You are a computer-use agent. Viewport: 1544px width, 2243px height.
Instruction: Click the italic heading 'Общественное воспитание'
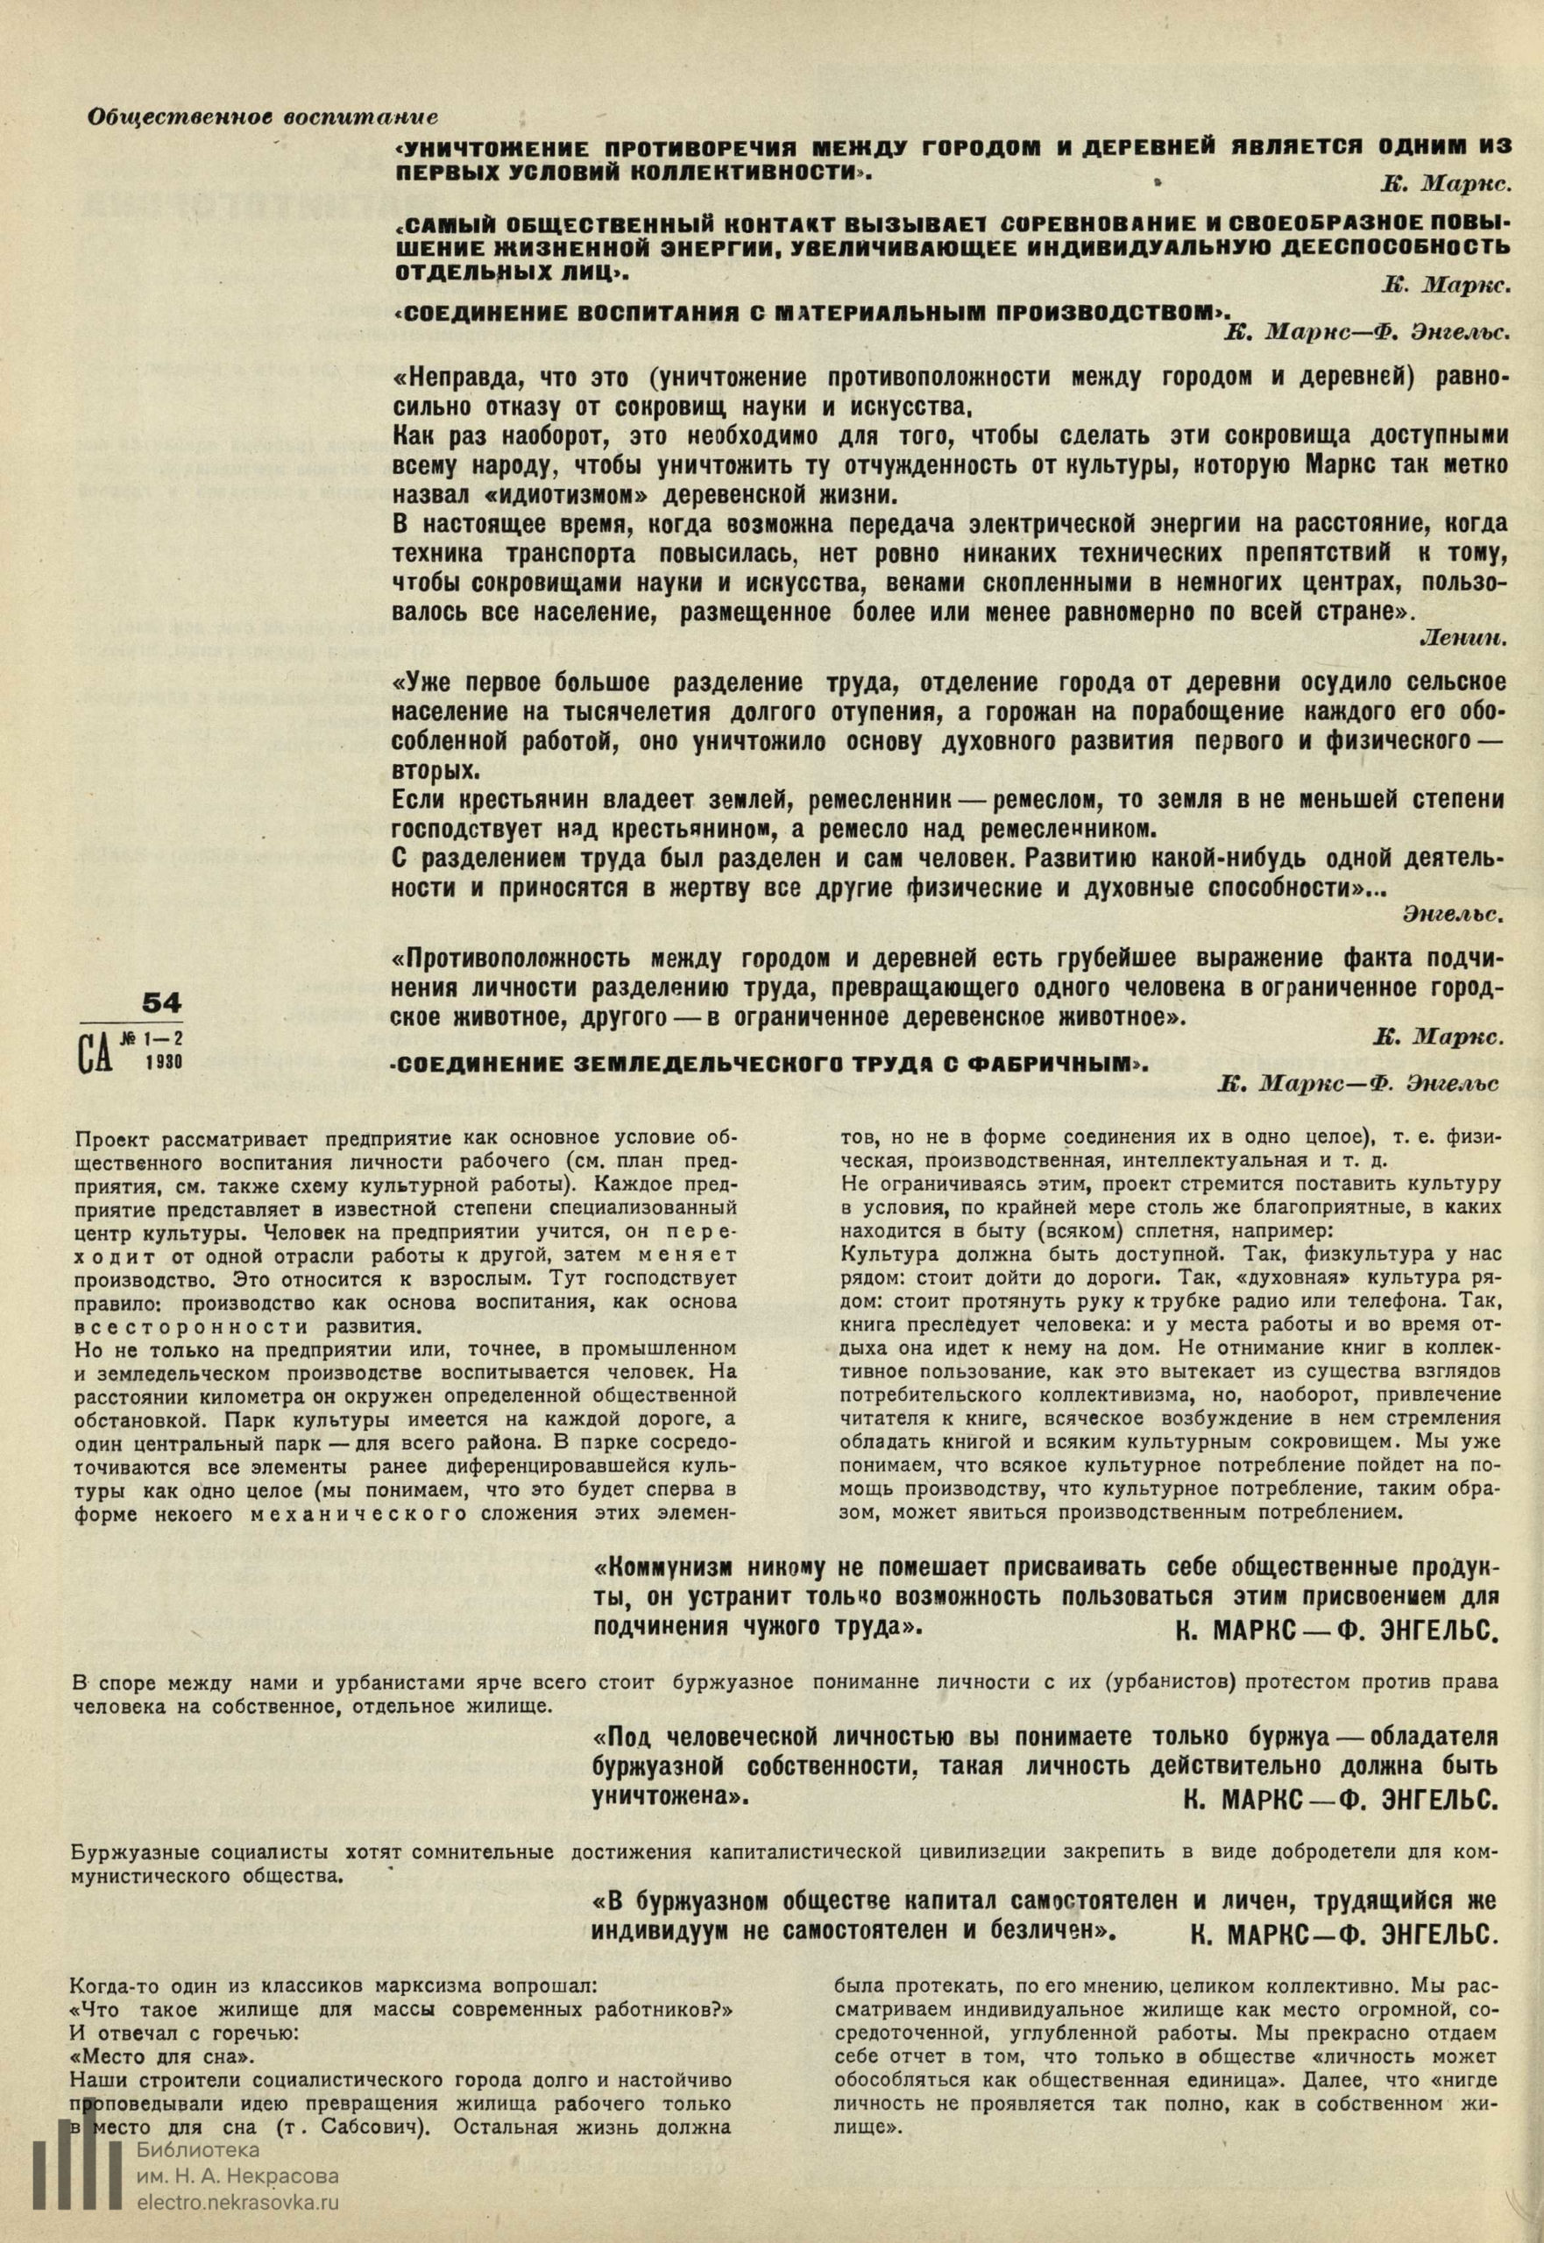tap(262, 117)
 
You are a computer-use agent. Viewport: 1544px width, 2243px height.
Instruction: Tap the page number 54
tap(161, 1003)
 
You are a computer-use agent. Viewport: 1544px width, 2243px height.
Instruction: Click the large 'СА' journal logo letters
tap(94, 1051)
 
